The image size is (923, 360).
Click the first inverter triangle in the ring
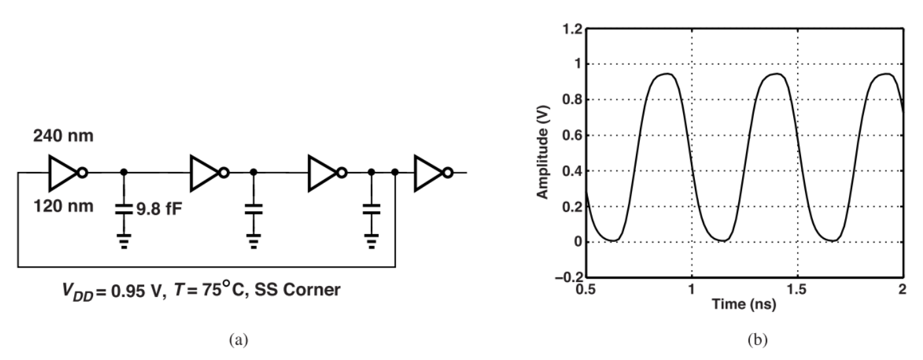(64, 173)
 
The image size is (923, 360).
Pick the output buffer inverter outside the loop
(431, 173)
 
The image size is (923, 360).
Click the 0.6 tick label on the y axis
(572, 136)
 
